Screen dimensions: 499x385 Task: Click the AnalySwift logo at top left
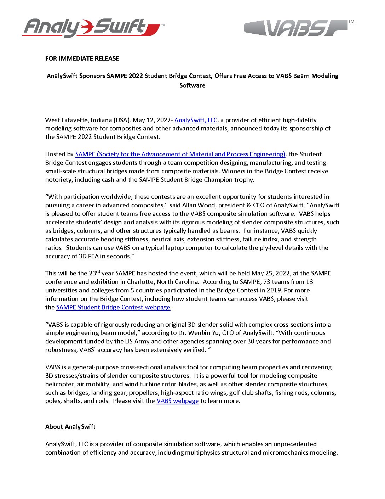tap(93, 28)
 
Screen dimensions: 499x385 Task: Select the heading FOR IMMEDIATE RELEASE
tap(82, 58)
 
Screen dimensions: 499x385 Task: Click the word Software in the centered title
tap(192, 85)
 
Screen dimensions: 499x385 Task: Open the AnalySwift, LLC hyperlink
tap(196, 120)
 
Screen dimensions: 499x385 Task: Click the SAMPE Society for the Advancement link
tap(180, 154)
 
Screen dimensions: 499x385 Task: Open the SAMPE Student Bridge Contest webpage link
tap(113, 307)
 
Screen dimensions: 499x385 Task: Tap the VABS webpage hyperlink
tap(178, 401)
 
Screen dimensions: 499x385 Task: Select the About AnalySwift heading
tap(70, 427)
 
